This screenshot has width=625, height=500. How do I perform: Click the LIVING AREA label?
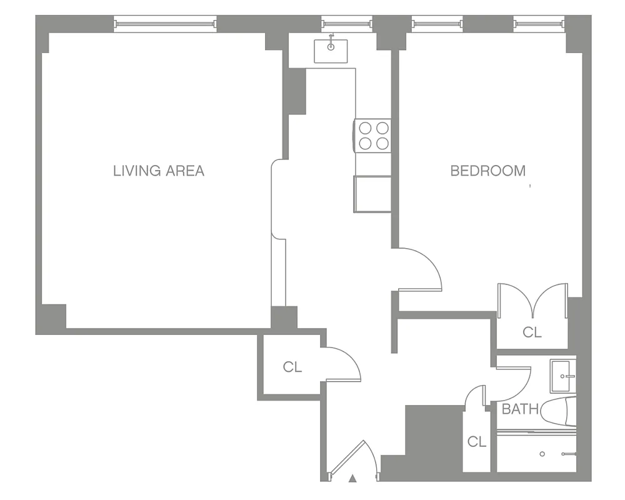(159, 171)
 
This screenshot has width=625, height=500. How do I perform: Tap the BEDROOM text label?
(488, 171)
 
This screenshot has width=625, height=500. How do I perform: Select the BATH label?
(520, 410)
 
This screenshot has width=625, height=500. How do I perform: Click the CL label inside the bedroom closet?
(532, 332)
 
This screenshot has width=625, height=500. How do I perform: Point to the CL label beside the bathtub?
(477, 442)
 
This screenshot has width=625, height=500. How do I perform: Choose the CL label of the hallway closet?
(292, 367)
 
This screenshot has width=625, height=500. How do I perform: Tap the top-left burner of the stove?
(365, 129)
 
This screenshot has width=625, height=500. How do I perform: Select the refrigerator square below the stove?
(372, 194)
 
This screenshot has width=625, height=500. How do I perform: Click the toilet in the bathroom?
(559, 411)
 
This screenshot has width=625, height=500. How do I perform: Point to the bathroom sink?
(563, 376)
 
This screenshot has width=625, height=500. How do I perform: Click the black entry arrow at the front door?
(352, 479)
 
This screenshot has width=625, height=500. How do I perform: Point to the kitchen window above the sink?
(346, 24)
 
